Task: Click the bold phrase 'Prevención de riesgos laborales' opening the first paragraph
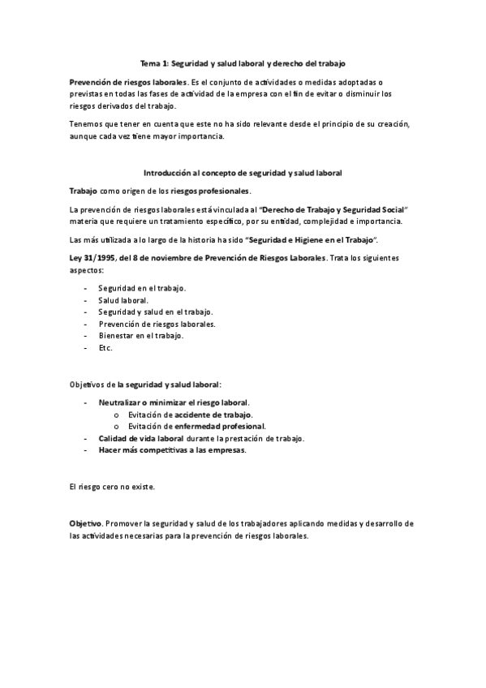coord(127,83)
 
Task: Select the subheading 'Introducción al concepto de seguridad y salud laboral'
coord(243,173)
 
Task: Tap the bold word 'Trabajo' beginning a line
coord(84,191)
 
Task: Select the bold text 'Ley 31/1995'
coord(92,257)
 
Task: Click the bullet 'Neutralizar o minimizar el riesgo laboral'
coord(174,402)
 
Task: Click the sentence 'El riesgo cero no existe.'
coord(112,487)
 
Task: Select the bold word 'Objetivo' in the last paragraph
coord(85,524)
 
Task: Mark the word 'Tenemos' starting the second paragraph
coord(86,123)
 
